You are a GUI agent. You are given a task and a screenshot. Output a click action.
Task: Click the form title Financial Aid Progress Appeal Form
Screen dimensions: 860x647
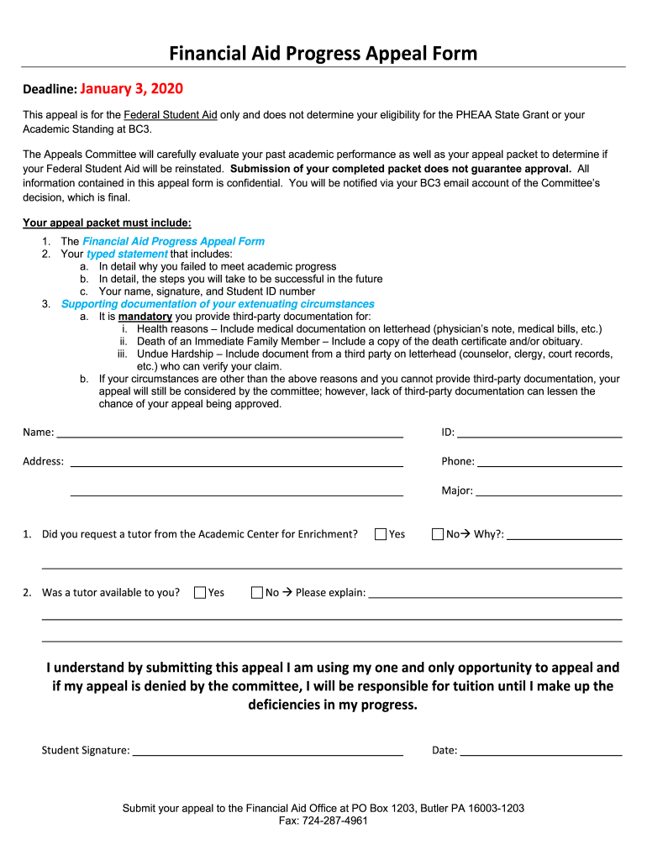click(323, 55)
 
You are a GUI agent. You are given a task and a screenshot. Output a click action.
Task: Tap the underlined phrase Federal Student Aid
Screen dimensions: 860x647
click(171, 114)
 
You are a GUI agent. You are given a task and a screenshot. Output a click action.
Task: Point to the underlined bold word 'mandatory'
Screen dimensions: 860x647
click(145, 317)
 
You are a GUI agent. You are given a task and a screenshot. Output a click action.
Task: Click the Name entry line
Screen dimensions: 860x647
click(229, 434)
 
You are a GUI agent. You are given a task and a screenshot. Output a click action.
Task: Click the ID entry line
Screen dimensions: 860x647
click(539, 434)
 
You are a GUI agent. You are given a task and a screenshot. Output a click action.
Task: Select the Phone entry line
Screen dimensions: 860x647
click(549, 463)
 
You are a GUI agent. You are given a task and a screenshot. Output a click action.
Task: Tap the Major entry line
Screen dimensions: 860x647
click(548, 492)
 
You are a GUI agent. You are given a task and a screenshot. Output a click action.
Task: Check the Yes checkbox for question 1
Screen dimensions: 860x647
click(381, 534)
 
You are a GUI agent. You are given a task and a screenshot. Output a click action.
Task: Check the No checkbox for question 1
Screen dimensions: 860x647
click(437, 534)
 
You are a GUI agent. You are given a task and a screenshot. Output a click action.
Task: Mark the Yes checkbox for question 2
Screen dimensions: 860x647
click(200, 593)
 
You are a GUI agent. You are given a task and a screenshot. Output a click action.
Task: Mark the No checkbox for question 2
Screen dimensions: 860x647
click(257, 593)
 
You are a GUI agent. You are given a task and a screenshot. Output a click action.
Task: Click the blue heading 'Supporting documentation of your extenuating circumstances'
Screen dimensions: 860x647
click(218, 304)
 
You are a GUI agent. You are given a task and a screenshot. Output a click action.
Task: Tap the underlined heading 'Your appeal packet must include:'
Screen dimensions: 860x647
click(107, 223)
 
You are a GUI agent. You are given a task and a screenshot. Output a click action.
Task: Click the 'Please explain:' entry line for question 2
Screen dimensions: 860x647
click(495, 595)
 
